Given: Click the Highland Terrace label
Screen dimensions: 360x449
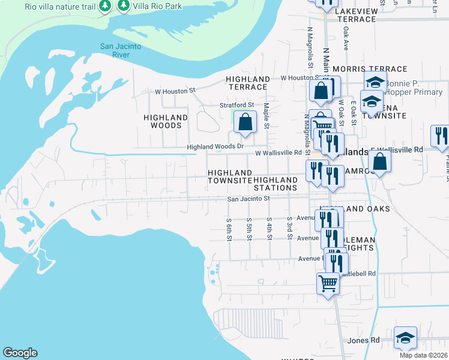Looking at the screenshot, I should [248, 83].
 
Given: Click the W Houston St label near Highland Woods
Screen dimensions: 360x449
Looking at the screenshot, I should [175, 91].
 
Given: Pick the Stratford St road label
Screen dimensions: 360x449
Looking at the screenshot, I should [236, 105].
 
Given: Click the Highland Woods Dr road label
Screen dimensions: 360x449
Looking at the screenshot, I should [215, 146].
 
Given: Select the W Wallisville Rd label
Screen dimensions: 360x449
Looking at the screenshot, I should [278, 153].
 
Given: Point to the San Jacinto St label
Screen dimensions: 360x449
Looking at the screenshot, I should [250, 199].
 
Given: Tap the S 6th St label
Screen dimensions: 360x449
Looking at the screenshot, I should [229, 229].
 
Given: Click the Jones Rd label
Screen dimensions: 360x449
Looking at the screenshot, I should [364, 340].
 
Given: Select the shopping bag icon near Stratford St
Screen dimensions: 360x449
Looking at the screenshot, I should [245, 122].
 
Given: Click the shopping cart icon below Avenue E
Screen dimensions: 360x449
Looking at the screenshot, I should [328, 282].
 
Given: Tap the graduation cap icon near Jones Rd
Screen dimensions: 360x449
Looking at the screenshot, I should [406, 338].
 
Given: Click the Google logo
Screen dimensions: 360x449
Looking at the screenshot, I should [20, 353].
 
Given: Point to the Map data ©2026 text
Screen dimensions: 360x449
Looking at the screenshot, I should [423, 355].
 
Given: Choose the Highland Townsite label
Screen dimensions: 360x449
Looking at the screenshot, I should [230, 176].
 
